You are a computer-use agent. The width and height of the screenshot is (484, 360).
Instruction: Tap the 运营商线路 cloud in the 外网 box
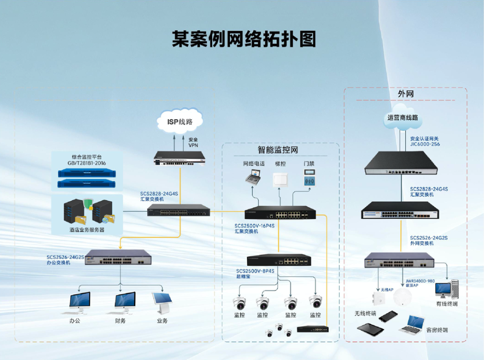pos(402,117)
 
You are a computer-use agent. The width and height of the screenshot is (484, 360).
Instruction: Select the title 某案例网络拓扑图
pos(244,39)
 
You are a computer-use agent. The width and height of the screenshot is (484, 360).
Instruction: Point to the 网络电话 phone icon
pos(254,177)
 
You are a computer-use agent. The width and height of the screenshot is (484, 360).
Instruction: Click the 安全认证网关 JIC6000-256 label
pos(424,141)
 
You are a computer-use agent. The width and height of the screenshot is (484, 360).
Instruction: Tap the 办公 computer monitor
pos(79,301)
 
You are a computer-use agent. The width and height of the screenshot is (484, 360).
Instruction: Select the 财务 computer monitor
pos(125,301)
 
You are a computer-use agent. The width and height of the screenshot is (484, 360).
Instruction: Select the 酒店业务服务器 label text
pos(87,230)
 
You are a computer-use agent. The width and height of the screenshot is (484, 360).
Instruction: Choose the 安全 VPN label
pos(193,142)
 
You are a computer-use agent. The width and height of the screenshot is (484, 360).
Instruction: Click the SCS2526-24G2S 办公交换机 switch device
pos(118,259)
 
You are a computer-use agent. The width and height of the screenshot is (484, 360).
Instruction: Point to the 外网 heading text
pos(405,94)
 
